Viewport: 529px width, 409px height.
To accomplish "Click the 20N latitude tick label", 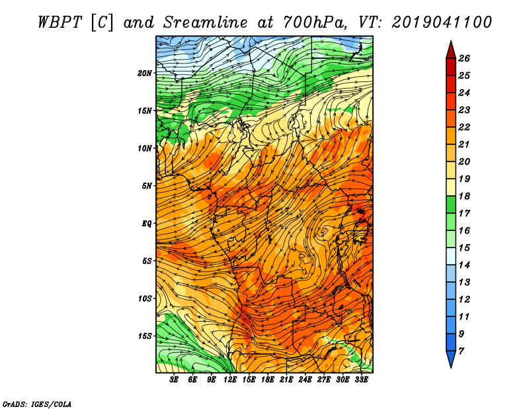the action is tap(144, 73).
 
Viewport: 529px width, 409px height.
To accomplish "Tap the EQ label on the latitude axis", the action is tap(147, 224).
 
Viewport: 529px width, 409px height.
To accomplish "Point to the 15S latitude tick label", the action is tap(145, 336).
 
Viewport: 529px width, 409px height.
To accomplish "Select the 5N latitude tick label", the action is tap(147, 186).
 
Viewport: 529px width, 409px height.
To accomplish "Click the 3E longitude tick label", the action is tap(174, 380).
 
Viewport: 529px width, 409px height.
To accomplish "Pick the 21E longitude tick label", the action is tap(286, 380).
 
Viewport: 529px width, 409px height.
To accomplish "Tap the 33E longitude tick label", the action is tap(361, 380).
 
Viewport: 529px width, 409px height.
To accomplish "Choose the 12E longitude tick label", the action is tap(230, 380).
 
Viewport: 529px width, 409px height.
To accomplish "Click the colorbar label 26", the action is tap(464, 58).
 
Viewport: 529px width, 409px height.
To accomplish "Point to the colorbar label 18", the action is tap(464, 196).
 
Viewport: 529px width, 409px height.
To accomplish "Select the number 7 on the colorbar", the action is tap(461, 351).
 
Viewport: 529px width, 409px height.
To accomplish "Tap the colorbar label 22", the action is tap(464, 127).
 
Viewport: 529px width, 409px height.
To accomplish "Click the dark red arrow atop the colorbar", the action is tap(451, 50).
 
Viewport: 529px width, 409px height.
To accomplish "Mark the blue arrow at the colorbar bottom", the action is tap(451, 359).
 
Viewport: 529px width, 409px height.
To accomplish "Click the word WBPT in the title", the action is tap(60, 23).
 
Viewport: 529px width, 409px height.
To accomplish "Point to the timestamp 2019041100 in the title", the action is tap(442, 23).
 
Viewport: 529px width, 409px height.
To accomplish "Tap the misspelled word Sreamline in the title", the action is tap(206, 23).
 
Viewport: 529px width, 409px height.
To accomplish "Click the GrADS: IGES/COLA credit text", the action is tap(37, 404).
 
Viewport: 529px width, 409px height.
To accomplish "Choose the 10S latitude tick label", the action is tap(145, 298).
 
